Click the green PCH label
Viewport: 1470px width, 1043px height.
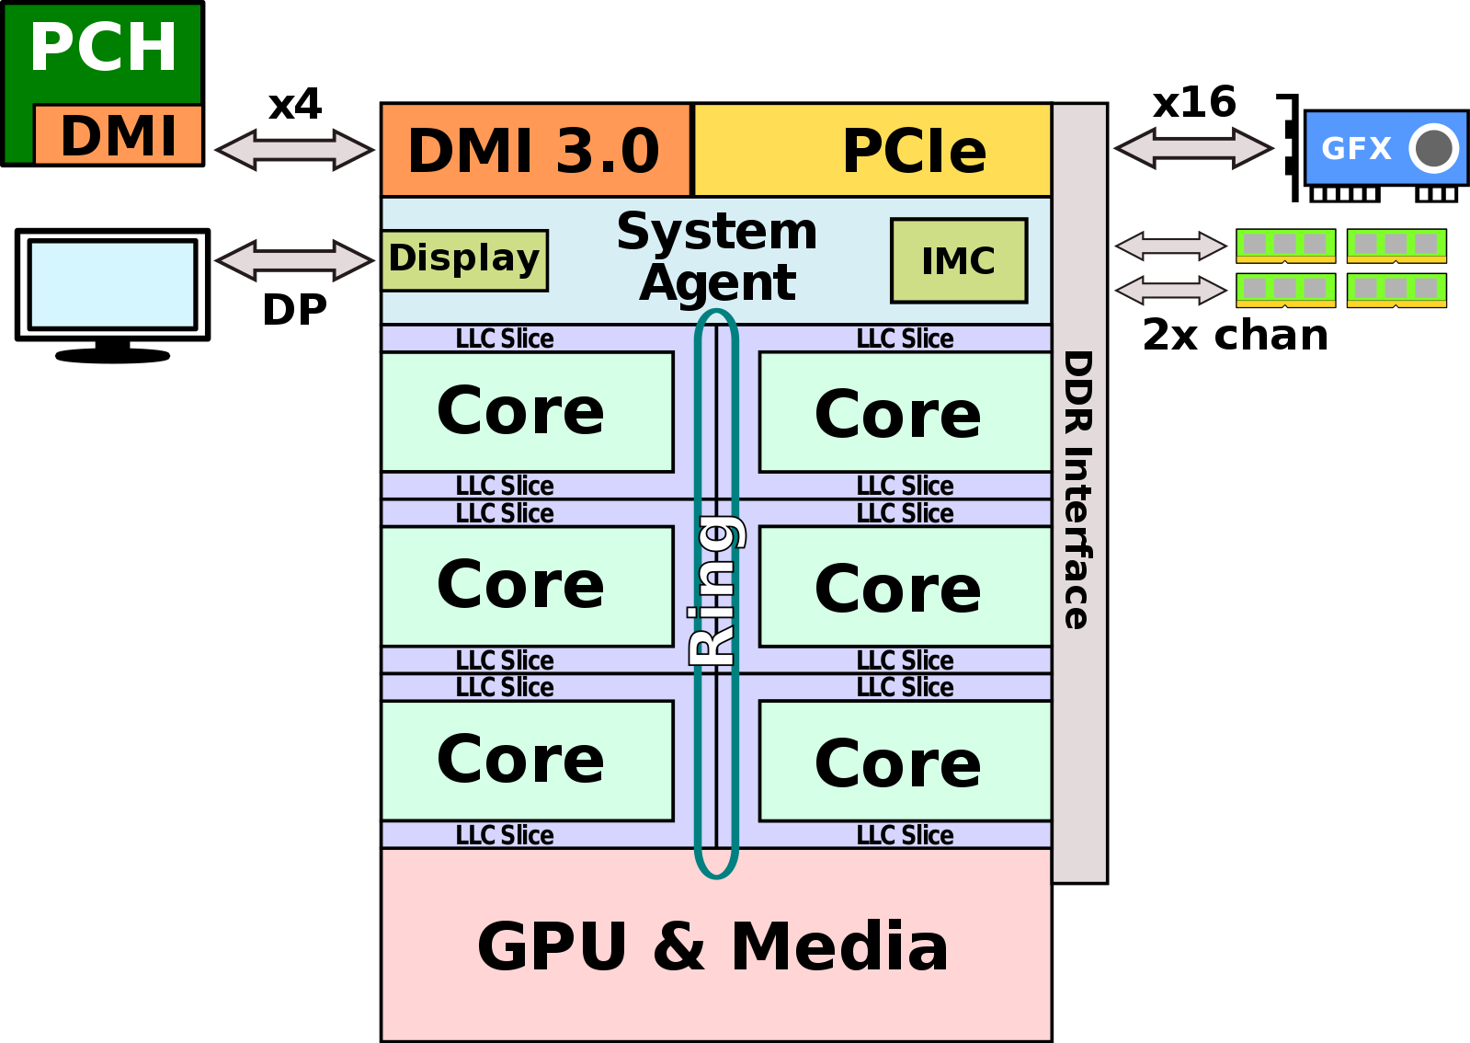click(103, 48)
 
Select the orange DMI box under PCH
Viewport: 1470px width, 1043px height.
click(118, 135)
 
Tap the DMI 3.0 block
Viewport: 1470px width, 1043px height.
click(535, 151)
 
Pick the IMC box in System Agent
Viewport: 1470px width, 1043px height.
click(958, 261)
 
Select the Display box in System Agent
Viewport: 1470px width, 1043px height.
click(464, 259)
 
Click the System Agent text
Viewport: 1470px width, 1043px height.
click(717, 257)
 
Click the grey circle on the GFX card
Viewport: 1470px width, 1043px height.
click(1433, 148)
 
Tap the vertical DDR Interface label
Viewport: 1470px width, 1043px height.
click(1078, 489)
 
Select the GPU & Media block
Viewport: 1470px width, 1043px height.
click(715, 946)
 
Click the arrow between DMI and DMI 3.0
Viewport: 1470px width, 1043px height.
click(294, 150)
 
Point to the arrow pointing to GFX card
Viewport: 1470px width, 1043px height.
click(1192, 148)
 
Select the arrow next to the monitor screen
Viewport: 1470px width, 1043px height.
click(294, 259)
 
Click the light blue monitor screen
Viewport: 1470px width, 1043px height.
click(112, 284)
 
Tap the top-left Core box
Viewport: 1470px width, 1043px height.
click(528, 412)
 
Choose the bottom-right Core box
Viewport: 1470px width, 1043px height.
click(905, 762)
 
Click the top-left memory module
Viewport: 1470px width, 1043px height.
click(1285, 245)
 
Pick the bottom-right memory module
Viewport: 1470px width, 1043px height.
click(1396, 290)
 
